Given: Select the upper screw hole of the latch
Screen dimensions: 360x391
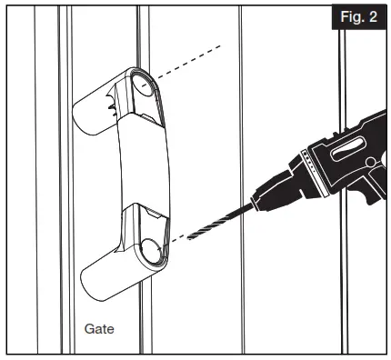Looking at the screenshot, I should tap(144, 87).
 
